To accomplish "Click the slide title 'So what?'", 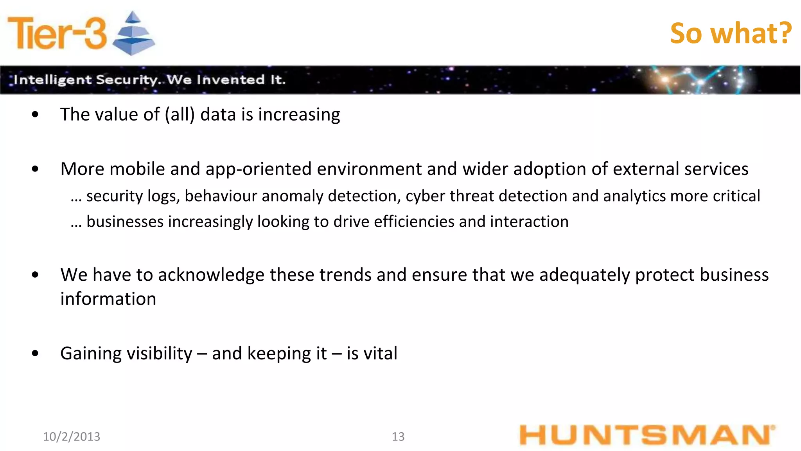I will click(731, 33).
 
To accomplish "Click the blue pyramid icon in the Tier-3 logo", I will click(133, 34).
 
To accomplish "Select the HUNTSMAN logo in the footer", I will click(647, 435).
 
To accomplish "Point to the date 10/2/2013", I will click(72, 437).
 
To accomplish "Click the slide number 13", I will click(398, 437).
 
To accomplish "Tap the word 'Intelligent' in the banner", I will click(52, 80).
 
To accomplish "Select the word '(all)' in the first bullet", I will click(180, 115).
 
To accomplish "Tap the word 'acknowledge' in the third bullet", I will click(211, 275).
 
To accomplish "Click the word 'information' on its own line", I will click(108, 299).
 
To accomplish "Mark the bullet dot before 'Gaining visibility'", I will click(36, 354).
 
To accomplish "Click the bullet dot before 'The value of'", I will click(36, 115).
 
